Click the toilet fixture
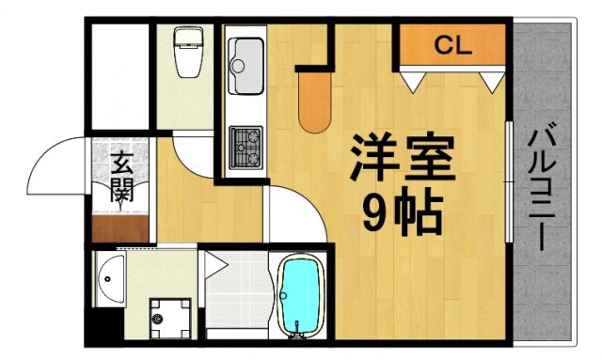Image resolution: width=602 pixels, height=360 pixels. click(188, 56)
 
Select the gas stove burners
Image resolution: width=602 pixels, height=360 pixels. click(246, 142)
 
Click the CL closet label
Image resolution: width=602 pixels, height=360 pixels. click(453, 43)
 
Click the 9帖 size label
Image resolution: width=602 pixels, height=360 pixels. click(402, 215)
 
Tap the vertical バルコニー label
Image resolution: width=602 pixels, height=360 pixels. click(542, 188)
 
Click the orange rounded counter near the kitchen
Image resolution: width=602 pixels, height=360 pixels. click(314, 102)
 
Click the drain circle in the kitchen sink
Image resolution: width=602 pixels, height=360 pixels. click(236, 67)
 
